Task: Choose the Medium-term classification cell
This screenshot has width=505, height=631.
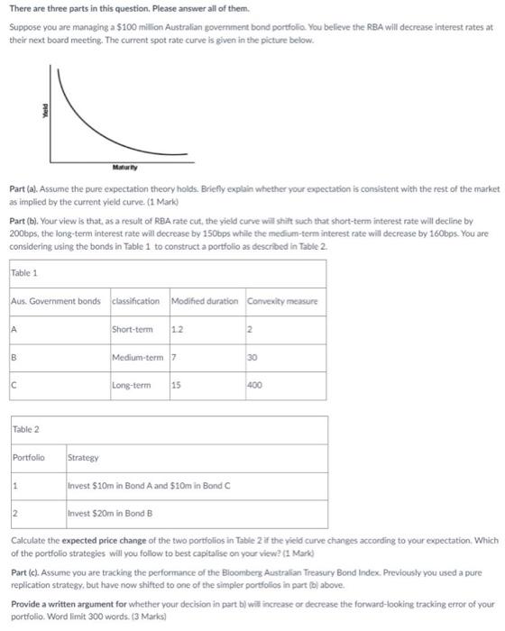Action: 137,357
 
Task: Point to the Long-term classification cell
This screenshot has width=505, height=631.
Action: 132,386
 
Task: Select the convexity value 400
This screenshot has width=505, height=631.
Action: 256,386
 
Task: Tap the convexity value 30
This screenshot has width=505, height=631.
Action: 253,357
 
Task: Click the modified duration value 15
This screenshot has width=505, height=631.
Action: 177,386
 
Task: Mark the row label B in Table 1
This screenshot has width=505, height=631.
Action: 15,357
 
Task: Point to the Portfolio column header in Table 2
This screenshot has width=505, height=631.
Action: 27,457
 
